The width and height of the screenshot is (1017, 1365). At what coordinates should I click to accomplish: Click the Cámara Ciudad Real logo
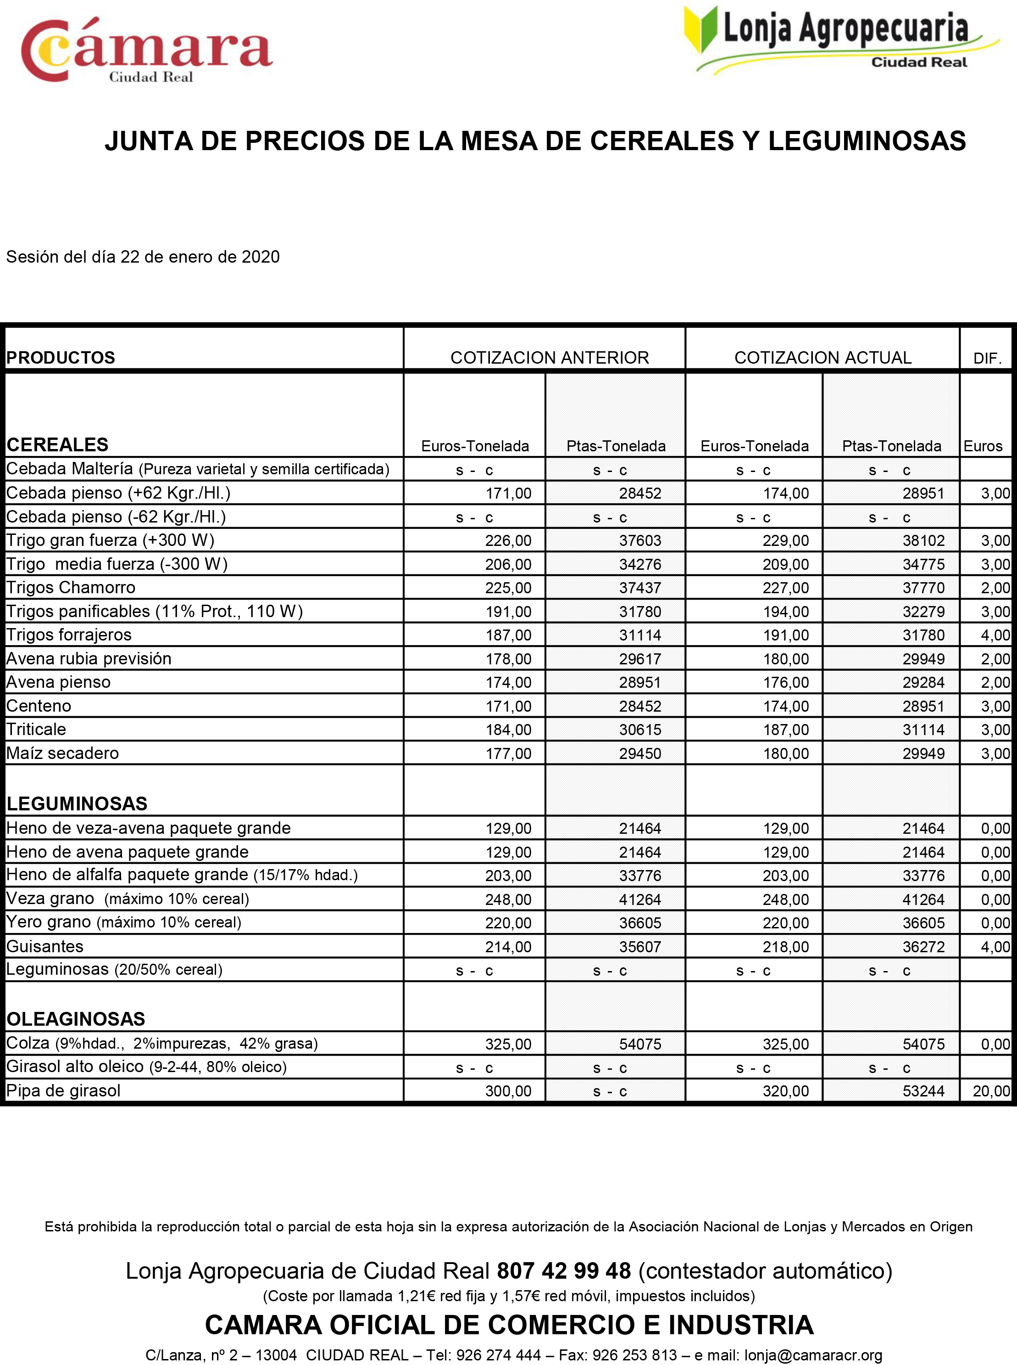146,51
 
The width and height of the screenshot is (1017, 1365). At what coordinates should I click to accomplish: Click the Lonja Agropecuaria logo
841,38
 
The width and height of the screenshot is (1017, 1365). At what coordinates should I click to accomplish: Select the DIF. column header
987,358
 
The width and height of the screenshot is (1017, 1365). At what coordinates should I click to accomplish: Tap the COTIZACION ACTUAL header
822,357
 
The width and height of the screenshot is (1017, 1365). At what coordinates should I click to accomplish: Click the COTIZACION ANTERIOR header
549,357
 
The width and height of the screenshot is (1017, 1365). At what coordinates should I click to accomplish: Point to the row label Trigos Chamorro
71,587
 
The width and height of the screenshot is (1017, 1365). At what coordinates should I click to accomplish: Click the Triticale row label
36,729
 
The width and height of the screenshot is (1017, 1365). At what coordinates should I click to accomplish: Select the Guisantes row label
45,946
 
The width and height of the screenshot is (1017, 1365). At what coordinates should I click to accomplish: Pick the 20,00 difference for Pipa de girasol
991,1091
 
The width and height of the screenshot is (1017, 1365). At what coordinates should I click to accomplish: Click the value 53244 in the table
923,1091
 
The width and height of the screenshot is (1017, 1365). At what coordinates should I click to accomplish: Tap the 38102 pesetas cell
923,540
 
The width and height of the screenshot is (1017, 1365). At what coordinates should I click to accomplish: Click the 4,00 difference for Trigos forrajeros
995,635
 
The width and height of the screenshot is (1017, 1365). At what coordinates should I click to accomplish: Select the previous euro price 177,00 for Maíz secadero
508,753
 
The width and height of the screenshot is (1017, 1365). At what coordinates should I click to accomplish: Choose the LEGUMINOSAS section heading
77,803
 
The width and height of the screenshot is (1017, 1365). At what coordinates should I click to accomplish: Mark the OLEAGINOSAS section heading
76,1019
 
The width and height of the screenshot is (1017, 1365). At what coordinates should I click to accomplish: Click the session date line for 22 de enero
143,256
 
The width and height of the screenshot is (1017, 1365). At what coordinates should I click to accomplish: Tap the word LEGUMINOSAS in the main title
867,141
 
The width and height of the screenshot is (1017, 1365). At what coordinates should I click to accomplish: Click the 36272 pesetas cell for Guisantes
923,947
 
